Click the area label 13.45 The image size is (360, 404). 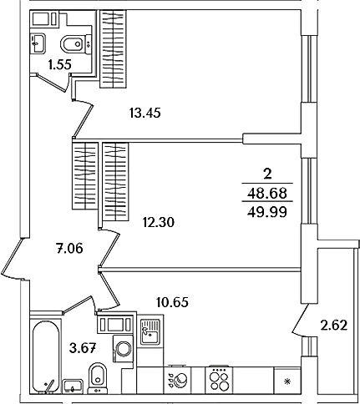pos(145,114)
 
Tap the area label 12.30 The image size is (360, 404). pos(159,222)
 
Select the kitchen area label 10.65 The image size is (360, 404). pos(172,302)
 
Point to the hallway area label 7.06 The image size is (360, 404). pos(69,248)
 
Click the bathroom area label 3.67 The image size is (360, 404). pos(83,348)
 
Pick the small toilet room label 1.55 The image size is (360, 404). pos(59,64)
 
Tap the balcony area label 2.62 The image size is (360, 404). pos(334,325)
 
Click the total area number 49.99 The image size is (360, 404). pos(267,213)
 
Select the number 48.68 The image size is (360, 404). pos(267,193)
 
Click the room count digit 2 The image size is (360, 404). pos(267,174)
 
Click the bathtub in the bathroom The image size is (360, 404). pos(46,356)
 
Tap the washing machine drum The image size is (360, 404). pos(124,349)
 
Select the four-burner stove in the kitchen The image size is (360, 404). pos(219,380)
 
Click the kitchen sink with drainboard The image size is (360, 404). pos(150,331)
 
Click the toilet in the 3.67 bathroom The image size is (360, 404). pos(97,378)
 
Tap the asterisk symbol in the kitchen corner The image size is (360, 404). pos(286,381)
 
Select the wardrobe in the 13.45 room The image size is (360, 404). pos(113,49)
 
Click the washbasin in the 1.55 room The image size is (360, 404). pos(38,43)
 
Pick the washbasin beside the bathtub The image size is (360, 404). pos(73,386)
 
